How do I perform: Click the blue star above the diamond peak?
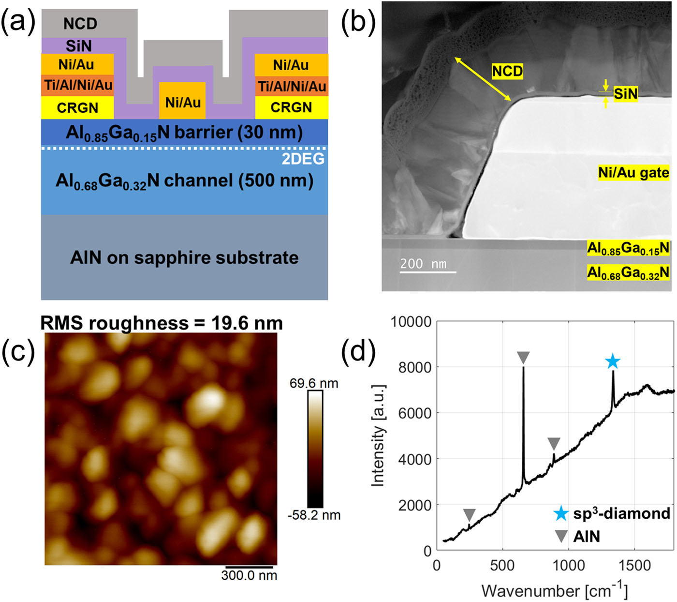point(613,361)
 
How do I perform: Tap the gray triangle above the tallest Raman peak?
point(523,358)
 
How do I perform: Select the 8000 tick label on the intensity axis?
point(415,367)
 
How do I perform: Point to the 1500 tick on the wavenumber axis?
point(634,565)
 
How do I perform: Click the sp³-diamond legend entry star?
point(561,513)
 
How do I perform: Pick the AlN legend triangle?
point(561,536)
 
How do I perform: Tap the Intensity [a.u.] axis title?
point(378,436)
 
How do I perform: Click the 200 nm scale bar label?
point(424,264)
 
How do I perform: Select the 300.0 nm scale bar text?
point(249,575)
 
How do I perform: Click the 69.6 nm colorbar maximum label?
point(314,383)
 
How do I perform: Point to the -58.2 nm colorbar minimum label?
point(314,515)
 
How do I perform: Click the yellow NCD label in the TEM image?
point(507,72)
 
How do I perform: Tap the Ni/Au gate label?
point(633,173)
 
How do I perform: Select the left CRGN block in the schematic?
point(77,107)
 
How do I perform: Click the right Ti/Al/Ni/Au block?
point(292,86)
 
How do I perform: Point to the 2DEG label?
point(303,159)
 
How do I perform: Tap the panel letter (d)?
point(358,351)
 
